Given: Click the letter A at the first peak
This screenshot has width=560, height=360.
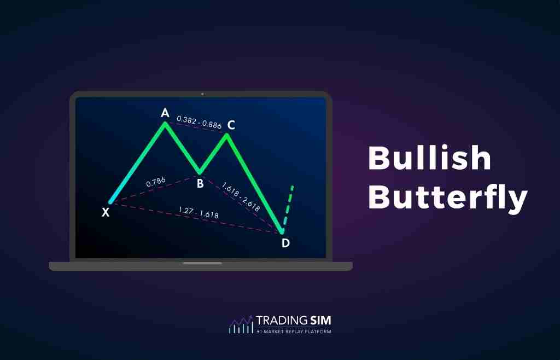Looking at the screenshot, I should [x=165, y=113].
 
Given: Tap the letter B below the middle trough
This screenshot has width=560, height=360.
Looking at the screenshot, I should [x=200, y=184].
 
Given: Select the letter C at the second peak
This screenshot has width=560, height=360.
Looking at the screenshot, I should [x=231, y=125].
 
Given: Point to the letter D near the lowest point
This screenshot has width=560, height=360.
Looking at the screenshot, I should [x=285, y=243].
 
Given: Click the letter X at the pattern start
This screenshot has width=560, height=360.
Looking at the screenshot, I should [x=106, y=212].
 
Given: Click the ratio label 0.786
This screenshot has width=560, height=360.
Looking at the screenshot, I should [x=156, y=183].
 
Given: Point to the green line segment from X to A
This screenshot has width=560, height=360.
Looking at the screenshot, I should [x=137, y=163].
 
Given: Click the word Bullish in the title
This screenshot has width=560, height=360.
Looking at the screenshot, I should [x=429, y=159].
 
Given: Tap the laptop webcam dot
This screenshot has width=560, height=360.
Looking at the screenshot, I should [x=202, y=94].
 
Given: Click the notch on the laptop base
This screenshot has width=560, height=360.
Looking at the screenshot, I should [x=202, y=263].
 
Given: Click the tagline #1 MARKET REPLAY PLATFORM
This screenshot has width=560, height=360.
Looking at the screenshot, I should [x=294, y=332].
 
